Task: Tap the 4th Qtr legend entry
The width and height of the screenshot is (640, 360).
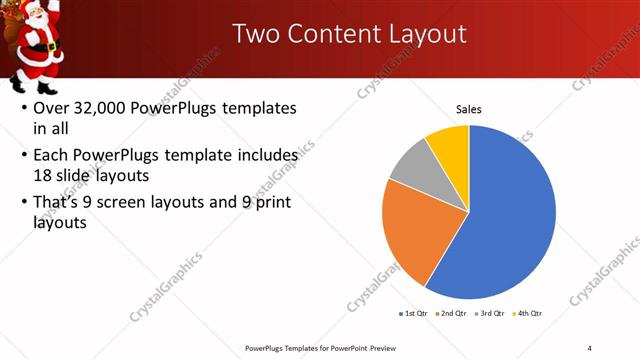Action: pyautogui.click(x=527, y=314)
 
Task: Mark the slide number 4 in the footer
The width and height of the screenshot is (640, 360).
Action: pyautogui.click(x=589, y=347)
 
